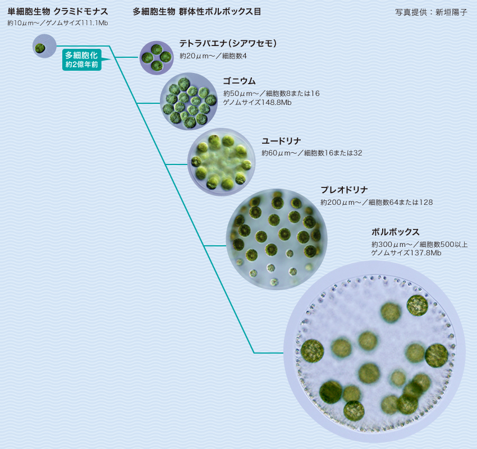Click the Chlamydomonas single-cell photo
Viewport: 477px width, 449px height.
tap(44, 46)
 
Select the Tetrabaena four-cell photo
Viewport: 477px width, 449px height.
tap(157, 58)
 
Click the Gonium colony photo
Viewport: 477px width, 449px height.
tap(189, 102)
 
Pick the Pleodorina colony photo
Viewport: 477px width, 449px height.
tap(277, 239)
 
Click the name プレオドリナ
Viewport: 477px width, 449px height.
tap(344, 190)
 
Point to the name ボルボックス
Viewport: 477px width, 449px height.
tap(395, 232)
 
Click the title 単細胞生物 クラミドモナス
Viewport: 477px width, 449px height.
tap(58, 11)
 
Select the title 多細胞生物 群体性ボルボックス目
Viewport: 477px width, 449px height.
tap(196, 11)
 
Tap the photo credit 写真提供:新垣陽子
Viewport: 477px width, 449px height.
tap(431, 12)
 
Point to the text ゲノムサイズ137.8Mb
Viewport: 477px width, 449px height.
tap(406, 253)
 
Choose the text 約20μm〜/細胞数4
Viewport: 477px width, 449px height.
tap(213, 56)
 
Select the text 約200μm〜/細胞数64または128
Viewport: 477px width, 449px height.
tap(377, 202)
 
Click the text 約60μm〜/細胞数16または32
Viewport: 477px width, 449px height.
tap(311, 153)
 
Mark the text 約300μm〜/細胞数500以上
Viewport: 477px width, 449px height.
tap(419, 244)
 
